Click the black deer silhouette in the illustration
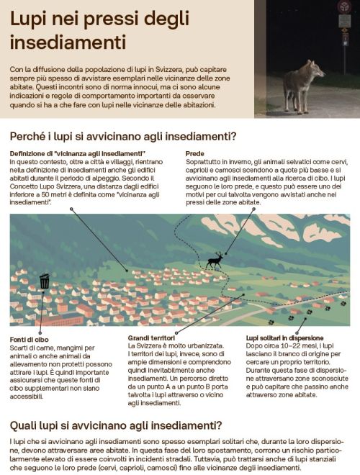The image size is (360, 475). point(213,261)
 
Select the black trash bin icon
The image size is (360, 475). point(45,281)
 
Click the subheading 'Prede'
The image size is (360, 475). point(194,154)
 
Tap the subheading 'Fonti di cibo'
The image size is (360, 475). point(30,339)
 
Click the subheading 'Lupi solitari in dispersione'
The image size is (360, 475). point(284,338)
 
